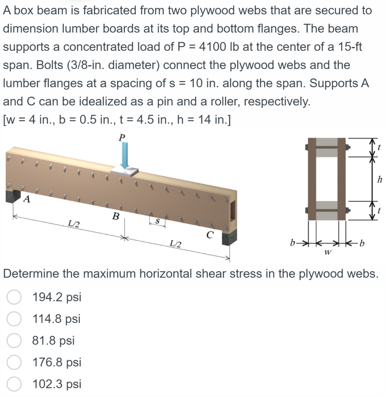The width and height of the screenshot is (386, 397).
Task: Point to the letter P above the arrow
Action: pos(123,137)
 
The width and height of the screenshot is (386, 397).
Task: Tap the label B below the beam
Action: pos(115,216)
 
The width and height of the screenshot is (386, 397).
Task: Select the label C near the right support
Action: pos(209,234)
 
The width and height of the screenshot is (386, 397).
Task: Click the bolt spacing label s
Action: pos(157,219)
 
